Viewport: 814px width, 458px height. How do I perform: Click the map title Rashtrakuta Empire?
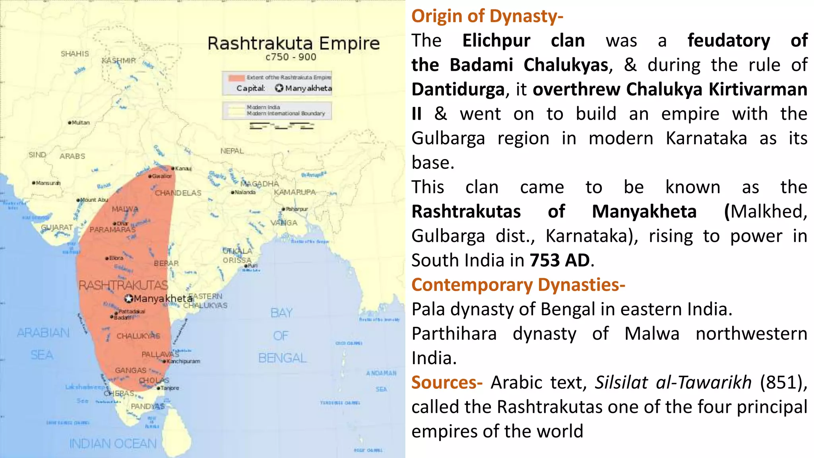(293, 43)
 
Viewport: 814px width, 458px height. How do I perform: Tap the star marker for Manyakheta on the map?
(129, 299)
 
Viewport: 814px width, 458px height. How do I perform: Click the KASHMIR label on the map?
(119, 61)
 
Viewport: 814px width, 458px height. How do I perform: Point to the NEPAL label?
(232, 151)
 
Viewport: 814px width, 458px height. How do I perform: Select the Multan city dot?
(70, 123)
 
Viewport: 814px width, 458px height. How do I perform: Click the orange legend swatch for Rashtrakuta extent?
(236, 78)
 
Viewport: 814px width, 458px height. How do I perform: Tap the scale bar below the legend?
(281, 126)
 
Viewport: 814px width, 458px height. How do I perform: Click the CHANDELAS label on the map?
(178, 193)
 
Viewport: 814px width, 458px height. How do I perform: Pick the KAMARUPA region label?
(295, 192)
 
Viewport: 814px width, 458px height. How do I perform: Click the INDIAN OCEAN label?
(113, 444)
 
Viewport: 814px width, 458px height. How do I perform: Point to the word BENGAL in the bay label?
(282, 358)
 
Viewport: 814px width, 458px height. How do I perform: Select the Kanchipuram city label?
(183, 361)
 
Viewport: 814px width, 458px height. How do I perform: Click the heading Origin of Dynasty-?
(487, 16)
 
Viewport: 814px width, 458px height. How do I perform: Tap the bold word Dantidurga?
(458, 89)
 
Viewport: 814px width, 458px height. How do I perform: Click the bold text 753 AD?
(560, 260)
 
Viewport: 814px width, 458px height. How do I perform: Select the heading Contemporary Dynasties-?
(518, 285)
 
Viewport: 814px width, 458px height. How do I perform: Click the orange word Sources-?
(447, 382)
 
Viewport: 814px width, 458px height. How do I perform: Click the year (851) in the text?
(783, 382)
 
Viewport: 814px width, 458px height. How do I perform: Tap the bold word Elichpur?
(496, 41)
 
